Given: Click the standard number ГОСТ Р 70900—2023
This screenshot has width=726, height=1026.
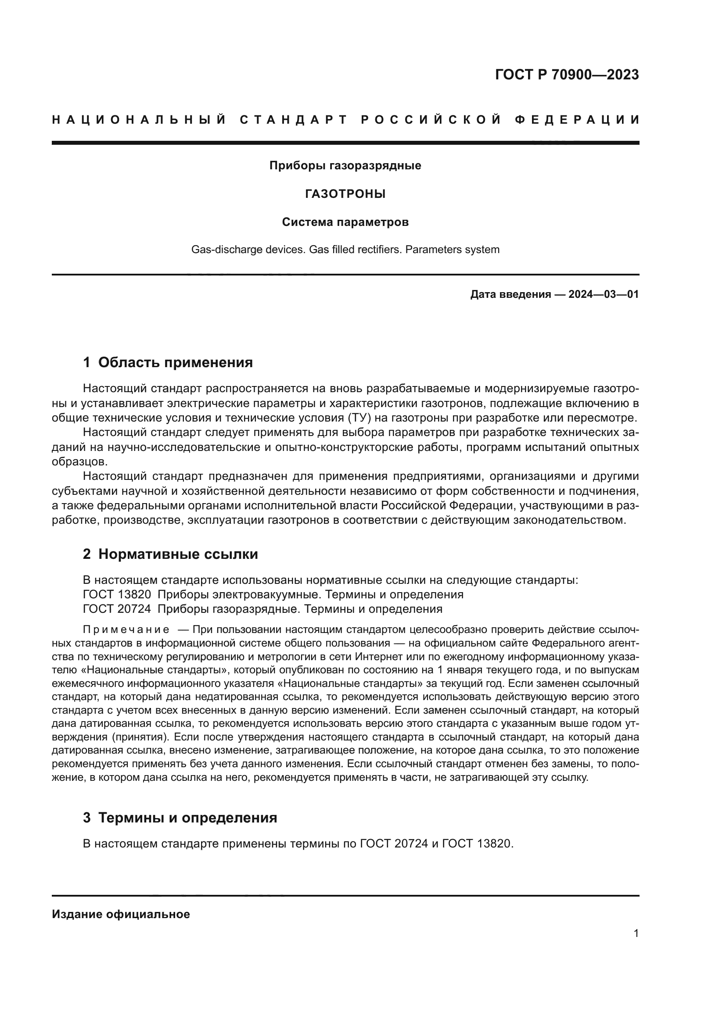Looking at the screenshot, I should [x=566, y=75].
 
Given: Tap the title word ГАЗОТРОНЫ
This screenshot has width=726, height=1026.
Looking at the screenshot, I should [x=345, y=194].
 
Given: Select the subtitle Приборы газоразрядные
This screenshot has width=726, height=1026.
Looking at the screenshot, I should [x=345, y=166].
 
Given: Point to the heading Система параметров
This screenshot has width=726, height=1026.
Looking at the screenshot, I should [x=345, y=222].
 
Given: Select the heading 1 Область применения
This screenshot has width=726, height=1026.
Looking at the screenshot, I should [x=168, y=362].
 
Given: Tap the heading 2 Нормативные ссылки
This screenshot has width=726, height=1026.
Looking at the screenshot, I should [x=170, y=554].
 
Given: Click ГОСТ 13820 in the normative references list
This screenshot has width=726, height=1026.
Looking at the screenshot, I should [x=117, y=594].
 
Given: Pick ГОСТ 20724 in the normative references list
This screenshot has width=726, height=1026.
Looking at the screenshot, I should [x=117, y=609].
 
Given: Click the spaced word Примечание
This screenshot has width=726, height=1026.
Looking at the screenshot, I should [x=126, y=630].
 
